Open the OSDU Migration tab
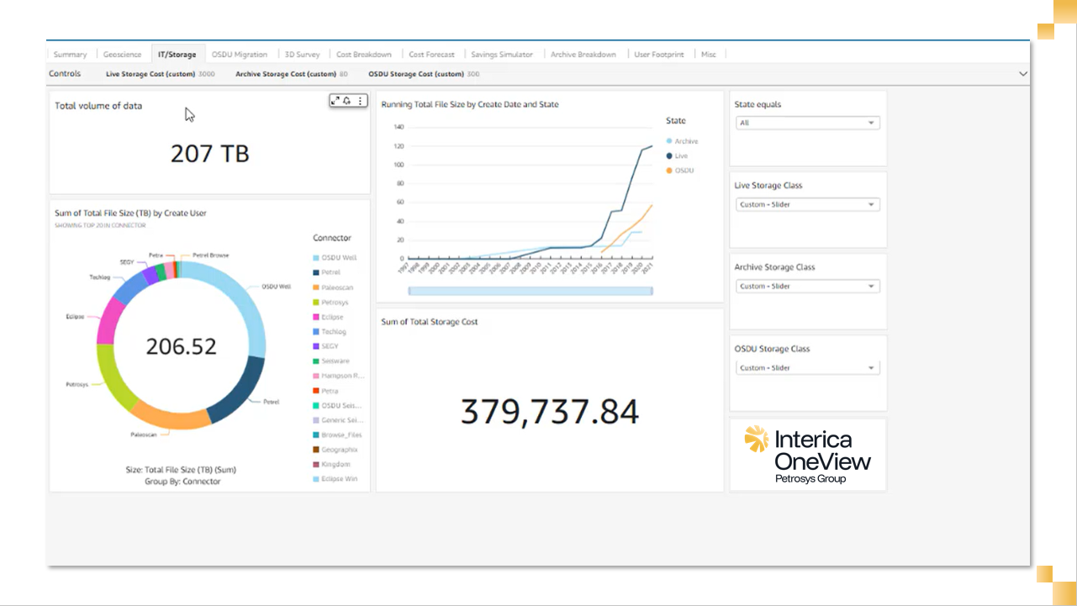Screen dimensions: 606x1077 point(240,55)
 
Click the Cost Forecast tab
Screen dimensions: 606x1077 point(431,55)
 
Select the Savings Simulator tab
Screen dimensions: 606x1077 point(502,55)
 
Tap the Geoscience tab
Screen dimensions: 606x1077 point(123,55)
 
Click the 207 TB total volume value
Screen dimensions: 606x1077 point(209,154)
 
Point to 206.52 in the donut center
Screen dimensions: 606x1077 point(181,346)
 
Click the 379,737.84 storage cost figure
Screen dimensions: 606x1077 point(550,412)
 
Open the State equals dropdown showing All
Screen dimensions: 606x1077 point(807,123)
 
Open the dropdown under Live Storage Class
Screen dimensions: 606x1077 point(807,204)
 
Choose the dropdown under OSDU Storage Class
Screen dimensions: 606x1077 point(807,368)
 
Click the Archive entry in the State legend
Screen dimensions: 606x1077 point(686,141)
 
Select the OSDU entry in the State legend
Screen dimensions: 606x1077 point(684,171)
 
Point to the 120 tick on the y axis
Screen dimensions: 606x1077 point(399,146)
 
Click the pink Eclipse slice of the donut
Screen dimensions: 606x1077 point(107,320)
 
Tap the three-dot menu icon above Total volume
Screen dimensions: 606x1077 point(361,101)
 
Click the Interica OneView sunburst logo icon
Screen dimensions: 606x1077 point(757,439)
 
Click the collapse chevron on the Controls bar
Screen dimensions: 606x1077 point(1023,74)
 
